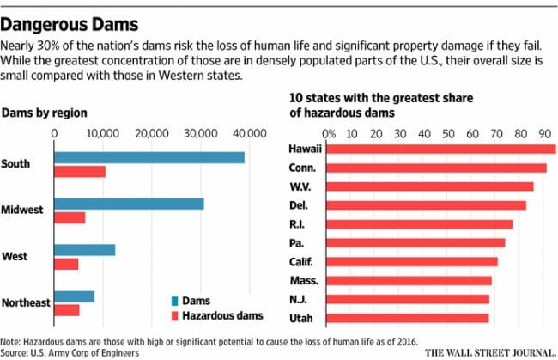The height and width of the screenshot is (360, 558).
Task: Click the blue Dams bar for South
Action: click(149, 157)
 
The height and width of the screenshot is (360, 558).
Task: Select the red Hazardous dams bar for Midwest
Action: click(70, 217)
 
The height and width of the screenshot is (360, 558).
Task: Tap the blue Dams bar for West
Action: click(84, 250)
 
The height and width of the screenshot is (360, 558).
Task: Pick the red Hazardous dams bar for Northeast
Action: click(66, 310)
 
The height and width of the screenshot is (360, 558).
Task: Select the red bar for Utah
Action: click(408, 318)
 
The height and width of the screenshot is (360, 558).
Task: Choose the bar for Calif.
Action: click(412, 261)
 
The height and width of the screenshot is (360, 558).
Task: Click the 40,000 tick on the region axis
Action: click(249, 133)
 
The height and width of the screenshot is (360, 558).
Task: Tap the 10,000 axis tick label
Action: click(103, 133)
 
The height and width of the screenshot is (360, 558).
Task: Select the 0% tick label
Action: click(328, 133)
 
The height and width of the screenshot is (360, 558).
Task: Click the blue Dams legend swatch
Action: click(175, 301)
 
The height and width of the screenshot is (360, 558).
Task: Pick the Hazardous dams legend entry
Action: click(215, 315)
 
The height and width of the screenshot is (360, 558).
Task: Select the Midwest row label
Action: click(23, 211)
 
